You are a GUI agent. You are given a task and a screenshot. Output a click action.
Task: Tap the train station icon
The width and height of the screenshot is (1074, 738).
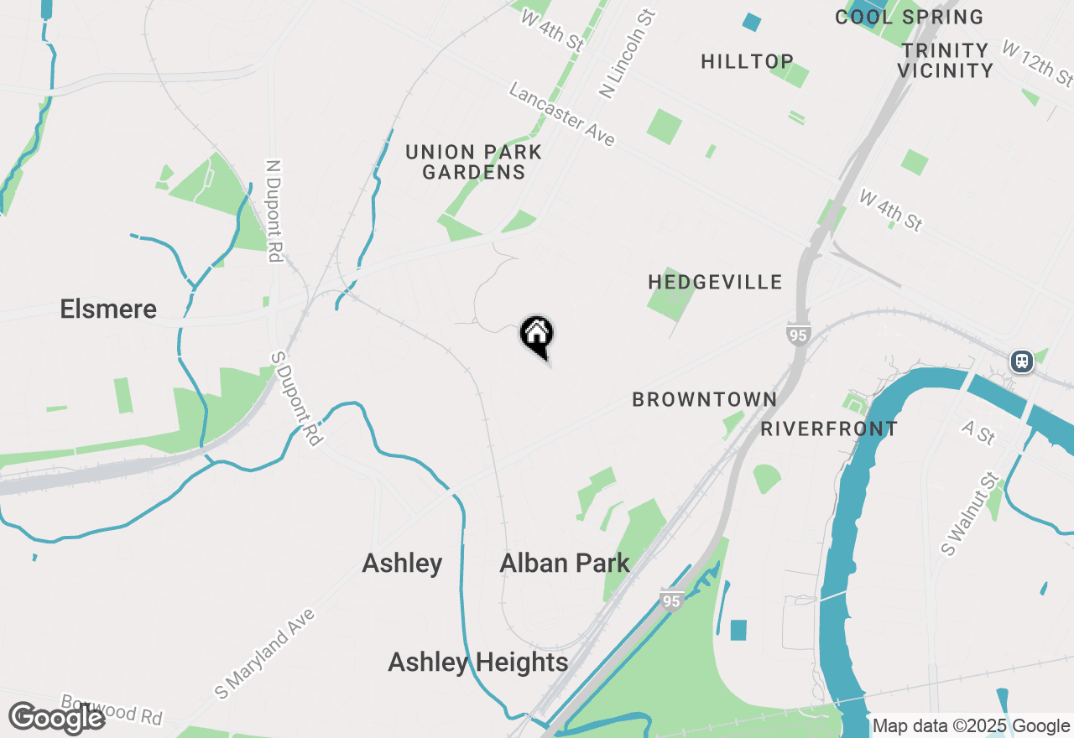click(x=1021, y=361)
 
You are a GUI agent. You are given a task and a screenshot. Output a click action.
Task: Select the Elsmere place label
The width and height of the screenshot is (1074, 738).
click(x=108, y=309)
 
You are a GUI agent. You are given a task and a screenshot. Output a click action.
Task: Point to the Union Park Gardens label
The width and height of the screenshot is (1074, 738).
click(x=474, y=163)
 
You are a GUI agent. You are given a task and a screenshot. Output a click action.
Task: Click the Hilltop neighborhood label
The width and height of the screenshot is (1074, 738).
click(x=747, y=61)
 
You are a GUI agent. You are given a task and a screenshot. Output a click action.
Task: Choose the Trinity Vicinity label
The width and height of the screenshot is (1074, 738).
click(x=945, y=60)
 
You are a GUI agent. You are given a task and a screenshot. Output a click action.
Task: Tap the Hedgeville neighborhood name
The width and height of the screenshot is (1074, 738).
click(x=715, y=282)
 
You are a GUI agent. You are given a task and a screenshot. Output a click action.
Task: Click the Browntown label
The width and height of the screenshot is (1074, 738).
click(x=704, y=399)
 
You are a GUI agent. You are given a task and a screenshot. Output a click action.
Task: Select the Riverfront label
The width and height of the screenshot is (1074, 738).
click(x=829, y=429)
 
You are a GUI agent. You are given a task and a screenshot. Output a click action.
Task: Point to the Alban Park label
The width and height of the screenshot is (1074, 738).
click(x=564, y=563)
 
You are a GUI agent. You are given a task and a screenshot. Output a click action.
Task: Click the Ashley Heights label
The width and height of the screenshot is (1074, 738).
click(x=477, y=663)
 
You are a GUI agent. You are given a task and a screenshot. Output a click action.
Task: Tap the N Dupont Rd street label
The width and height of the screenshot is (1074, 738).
click(x=274, y=211)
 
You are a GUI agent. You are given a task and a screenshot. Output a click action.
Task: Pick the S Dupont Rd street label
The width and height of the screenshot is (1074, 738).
click(x=296, y=398)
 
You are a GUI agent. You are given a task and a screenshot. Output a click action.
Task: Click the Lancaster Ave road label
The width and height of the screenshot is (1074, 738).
click(x=562, y=114)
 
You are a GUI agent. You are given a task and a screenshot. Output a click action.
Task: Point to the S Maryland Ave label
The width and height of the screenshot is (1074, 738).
click(x=264, y=654)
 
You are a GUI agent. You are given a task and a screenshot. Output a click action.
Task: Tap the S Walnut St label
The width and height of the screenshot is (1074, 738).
click(x=970, y=513)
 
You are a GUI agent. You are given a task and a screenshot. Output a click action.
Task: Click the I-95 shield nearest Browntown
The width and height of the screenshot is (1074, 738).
click(x=799, y=335)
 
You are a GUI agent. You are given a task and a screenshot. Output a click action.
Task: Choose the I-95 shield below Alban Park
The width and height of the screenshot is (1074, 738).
click(x=670, y=600)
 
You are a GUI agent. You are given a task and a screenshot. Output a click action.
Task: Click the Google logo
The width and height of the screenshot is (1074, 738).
click(x=56, y=718)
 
